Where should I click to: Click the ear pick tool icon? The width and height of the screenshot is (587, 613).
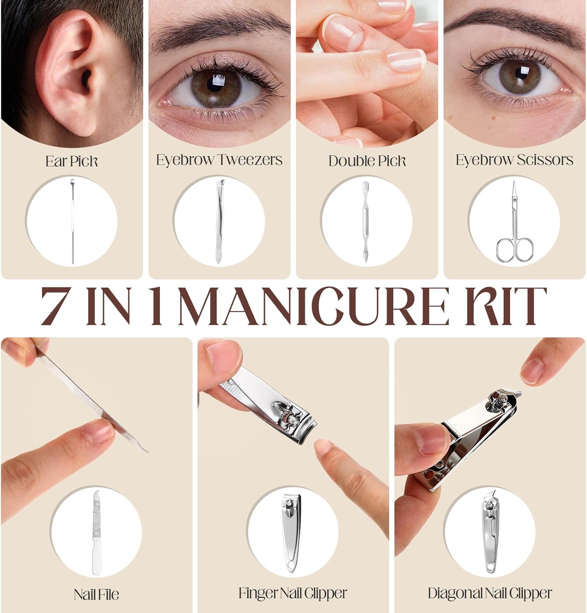73,221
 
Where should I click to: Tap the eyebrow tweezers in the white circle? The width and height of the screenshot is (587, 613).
220,221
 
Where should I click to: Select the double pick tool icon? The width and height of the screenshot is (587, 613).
365,221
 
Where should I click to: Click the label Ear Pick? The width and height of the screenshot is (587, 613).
72,161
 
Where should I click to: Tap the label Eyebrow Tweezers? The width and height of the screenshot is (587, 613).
219,160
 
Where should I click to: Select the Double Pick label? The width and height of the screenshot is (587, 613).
367,161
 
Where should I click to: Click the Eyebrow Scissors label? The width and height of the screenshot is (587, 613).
514,160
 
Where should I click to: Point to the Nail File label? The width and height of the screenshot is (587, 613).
96,594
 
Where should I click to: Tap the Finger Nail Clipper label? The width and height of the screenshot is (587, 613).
293,593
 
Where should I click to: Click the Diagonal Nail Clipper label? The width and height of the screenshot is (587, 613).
490,593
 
